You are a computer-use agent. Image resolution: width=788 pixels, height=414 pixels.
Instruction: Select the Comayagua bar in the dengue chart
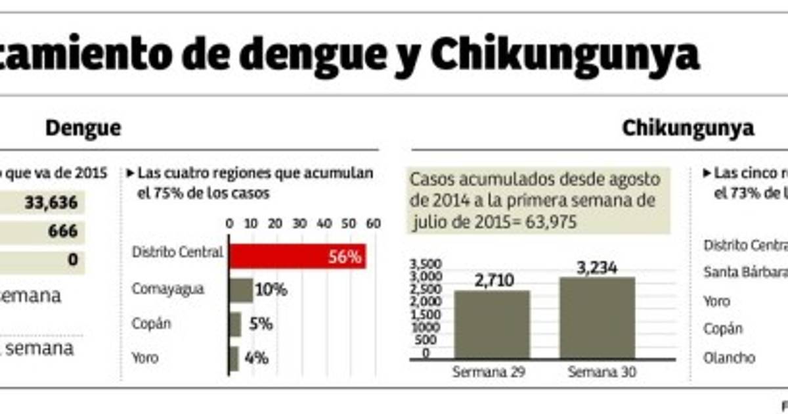click(240, 290)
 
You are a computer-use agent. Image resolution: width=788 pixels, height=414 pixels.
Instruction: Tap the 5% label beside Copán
click(260, 324)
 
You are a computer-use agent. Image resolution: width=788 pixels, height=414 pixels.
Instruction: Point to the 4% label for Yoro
click(256, 359)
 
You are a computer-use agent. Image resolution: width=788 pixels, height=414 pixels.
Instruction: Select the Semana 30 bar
click(597, 317)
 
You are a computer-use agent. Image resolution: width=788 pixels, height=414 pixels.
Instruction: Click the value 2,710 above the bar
click(492, 279)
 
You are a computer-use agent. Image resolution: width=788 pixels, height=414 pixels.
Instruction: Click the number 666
click(62, 231)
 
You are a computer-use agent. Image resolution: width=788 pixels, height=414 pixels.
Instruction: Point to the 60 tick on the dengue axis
click(373, 223)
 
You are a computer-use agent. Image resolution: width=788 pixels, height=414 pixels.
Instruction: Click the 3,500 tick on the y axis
click(424, 264)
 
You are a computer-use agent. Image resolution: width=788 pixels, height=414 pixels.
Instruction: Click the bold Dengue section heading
click(83, 128)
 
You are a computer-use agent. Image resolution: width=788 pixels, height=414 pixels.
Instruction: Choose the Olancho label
click(729, 358)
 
